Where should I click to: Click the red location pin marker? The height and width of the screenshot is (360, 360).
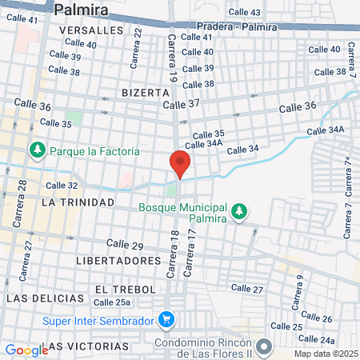[179, 164]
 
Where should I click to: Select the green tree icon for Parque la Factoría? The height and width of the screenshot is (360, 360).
[37, 150]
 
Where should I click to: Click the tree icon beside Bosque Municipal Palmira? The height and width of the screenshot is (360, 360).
[238, 211]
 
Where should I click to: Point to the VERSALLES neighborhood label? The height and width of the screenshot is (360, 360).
[91, 30]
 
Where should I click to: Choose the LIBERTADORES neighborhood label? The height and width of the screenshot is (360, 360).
[118, 261]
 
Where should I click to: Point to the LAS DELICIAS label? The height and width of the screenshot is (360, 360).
[45, 298]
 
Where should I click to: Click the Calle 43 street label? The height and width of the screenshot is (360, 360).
[244, 12]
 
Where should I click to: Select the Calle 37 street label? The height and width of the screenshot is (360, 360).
[180, 105]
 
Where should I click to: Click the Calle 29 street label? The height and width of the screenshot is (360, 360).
[124, 244]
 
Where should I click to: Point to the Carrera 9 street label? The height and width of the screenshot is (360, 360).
[298, 292]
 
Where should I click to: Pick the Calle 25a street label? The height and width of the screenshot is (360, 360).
[111, 302]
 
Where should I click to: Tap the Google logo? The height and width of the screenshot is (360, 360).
[26, 350]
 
